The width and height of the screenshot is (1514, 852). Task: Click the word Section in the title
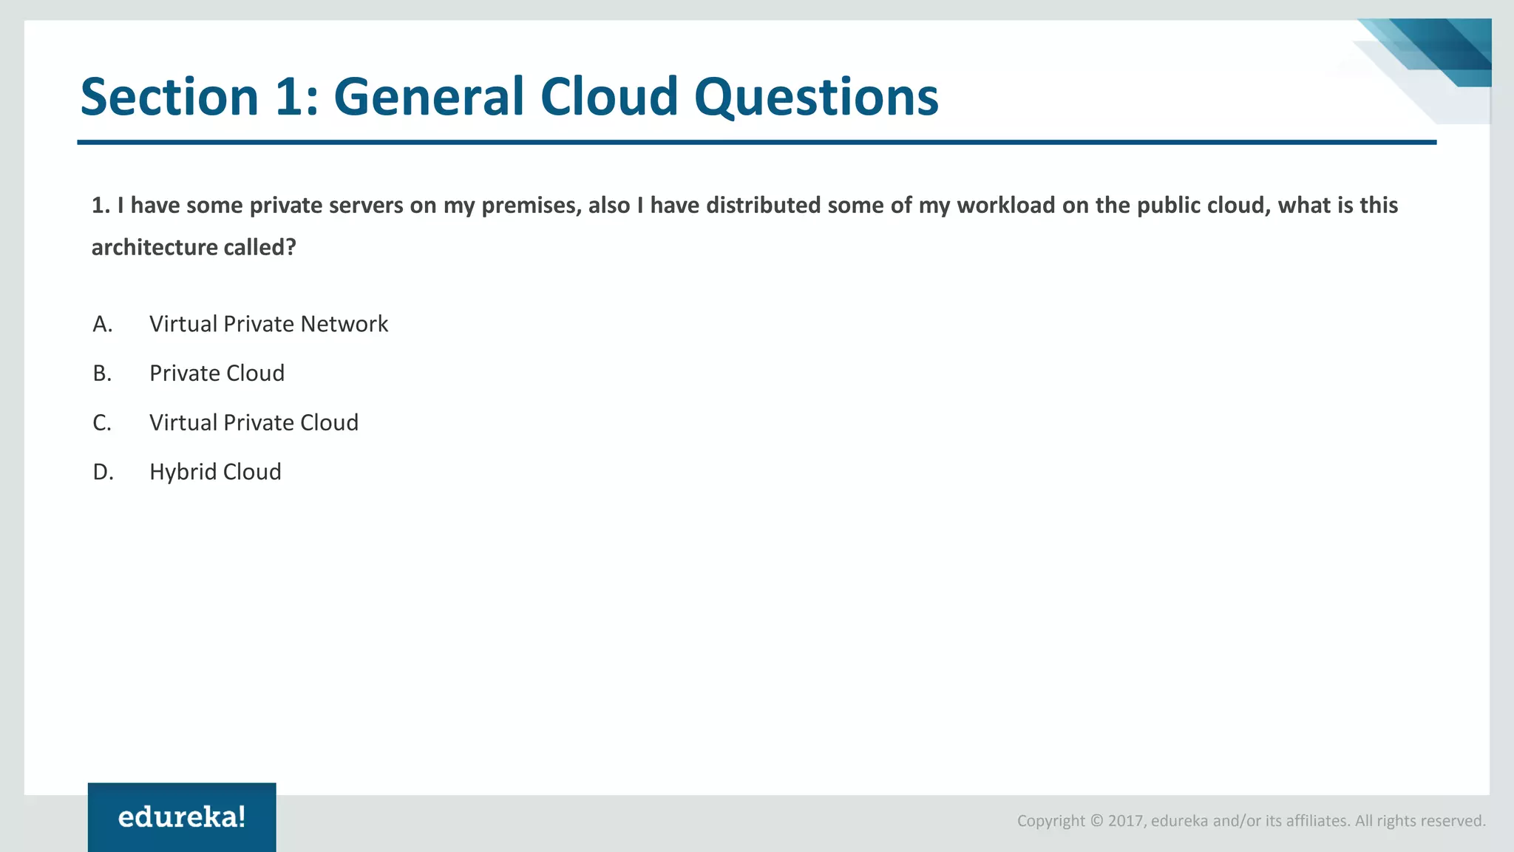click(169, 97)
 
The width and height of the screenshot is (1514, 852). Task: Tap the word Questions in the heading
click(816, 97)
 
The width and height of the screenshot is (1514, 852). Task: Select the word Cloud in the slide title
click(609, 97)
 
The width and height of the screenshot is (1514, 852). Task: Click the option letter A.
click(103, 324)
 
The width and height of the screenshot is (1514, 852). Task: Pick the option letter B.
click(102, 373)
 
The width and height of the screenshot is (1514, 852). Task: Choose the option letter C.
click(102, 423)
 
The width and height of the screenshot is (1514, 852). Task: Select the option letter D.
click(103, 472)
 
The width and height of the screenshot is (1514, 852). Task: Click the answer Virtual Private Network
click(268, 324)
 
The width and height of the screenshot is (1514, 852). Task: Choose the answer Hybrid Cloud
click(215, 472)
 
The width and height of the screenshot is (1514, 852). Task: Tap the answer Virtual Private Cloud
click(254, 423)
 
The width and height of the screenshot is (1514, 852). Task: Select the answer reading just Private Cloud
click(217, 373)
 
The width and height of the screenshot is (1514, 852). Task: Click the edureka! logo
click(182, 817)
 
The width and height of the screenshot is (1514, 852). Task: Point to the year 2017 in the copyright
click(1126, 821)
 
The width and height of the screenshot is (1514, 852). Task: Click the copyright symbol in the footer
click(1096, 821)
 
